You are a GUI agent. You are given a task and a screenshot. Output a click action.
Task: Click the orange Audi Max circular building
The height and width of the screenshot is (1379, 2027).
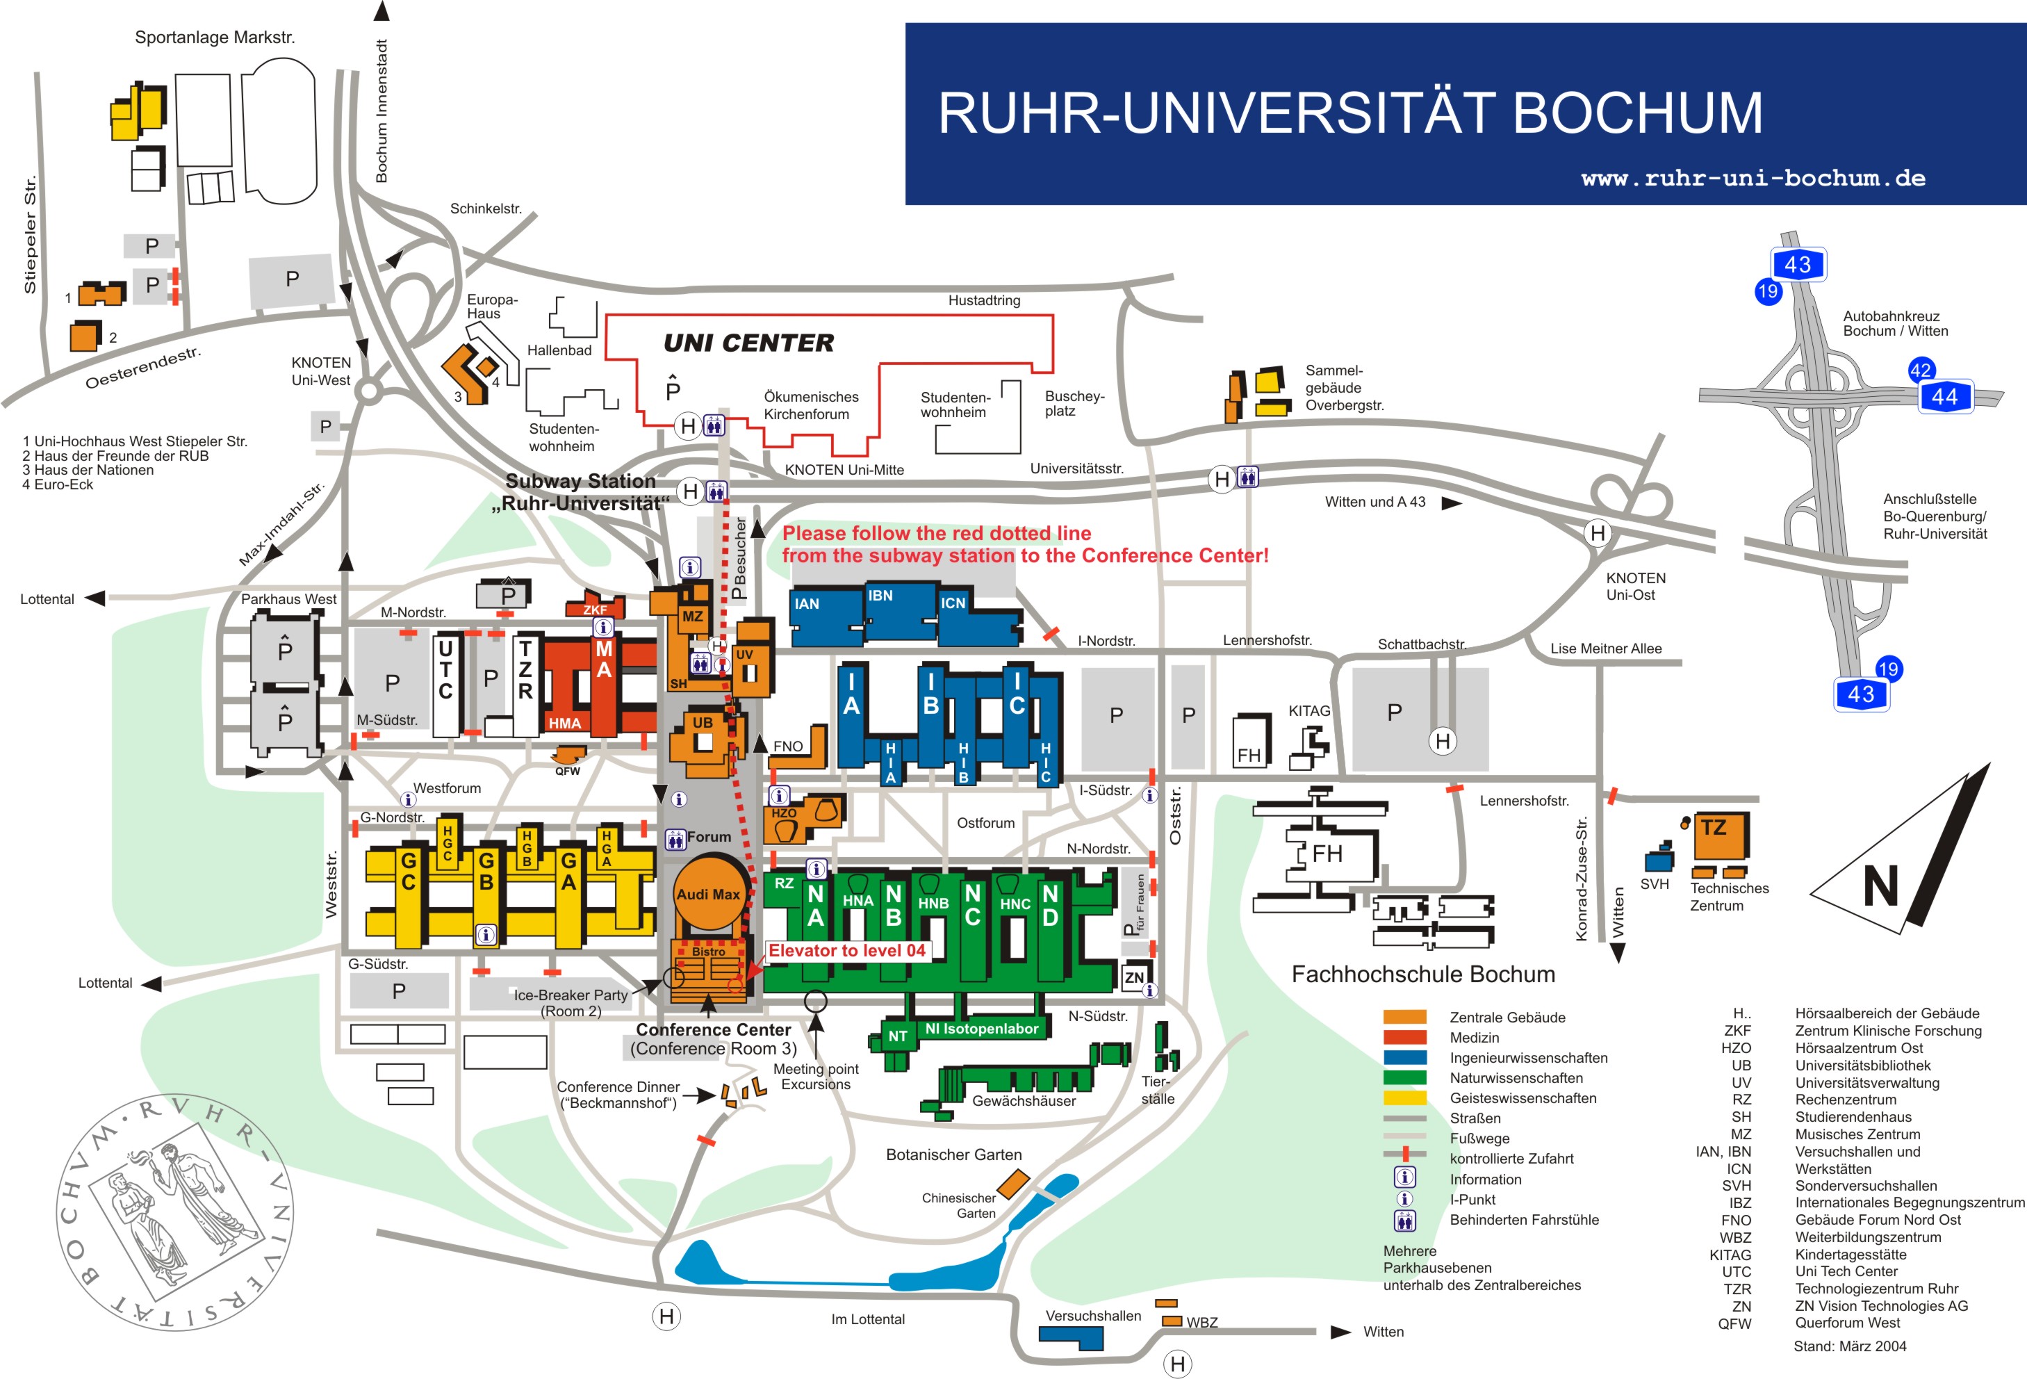[x=708, y=893]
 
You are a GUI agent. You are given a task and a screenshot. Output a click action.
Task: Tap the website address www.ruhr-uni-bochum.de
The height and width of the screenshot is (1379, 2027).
[x=1753, y=178]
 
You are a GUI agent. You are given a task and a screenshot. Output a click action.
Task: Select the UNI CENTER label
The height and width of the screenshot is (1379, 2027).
[x=748, y=343]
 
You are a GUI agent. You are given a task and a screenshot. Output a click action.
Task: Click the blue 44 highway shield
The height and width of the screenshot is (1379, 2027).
[x=1944, y=397]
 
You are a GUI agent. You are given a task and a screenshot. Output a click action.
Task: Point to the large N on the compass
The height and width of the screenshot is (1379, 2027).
[x=1880, y=886]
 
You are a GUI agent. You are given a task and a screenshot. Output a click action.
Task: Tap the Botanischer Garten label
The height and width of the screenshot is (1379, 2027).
[x=953, y=1154]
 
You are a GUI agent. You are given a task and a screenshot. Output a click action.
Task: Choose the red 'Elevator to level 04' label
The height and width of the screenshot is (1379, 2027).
[x=846, y=951]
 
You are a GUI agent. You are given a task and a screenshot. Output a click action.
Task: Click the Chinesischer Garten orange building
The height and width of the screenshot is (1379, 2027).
[x=1012, y=1184]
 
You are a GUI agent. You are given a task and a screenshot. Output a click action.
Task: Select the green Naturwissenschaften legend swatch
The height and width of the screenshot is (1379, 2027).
[x=1404, y=1078]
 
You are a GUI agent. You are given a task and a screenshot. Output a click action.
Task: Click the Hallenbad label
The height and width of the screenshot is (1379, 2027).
[x=559, y=350]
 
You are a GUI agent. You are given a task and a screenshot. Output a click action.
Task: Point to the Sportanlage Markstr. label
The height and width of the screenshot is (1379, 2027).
[x=215, y=38]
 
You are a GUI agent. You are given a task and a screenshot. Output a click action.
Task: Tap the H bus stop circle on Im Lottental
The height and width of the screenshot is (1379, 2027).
[x=666, y=1316]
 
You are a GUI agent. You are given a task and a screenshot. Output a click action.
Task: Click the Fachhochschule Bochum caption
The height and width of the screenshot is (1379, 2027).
[x=1422, y=974]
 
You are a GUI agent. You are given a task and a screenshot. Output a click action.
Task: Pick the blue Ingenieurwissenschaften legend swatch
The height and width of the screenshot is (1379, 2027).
[x=1404, y=1058]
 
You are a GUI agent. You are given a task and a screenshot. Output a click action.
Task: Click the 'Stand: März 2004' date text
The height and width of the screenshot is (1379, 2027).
[x=1849, y=1346]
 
